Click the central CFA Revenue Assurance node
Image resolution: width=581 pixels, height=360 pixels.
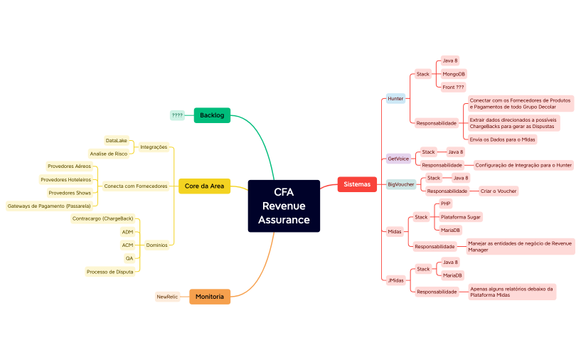[284, 206]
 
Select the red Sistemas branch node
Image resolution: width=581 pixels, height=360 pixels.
[356, 184]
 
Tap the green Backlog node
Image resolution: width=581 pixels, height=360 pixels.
[212, 115]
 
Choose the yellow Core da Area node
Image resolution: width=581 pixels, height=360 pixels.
[204, 186]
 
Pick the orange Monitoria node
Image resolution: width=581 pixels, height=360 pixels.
[210, 297]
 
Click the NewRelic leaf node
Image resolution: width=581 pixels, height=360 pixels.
[167, 297]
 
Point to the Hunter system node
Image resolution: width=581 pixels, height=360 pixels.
[395, 99]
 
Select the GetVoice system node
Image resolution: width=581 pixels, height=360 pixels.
[398, 159]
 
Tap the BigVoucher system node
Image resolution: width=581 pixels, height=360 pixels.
[401, 184]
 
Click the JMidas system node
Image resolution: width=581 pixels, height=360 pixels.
[396, 280]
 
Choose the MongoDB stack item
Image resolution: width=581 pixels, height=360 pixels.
[454, 74]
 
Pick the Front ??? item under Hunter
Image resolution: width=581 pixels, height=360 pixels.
[453, 87]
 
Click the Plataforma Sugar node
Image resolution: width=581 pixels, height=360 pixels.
[460, 216]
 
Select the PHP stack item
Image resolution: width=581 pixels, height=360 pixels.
[446, 203]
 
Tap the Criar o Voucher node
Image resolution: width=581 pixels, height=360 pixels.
[497, 191]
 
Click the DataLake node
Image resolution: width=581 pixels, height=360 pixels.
[117, 141]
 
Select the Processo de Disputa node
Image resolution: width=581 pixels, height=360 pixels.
[110, 271]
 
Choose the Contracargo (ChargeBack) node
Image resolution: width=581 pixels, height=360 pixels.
[102, 218]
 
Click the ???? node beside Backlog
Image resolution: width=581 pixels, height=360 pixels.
[177, 115]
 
